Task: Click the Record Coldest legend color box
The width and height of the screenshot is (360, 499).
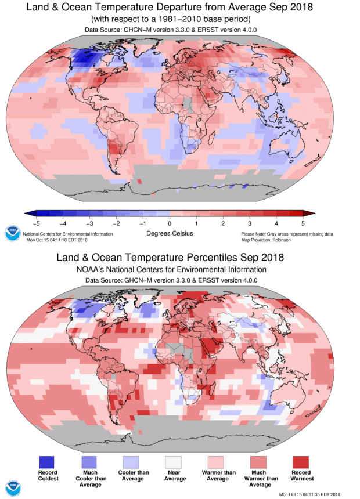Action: pos(47,461)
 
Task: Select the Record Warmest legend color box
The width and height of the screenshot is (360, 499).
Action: pos(301,461)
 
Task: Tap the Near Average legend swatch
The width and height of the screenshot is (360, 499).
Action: pos(174,461)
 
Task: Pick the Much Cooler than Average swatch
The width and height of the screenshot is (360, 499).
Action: pos(89,461)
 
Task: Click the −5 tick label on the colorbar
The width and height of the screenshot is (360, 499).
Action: pos(35,223)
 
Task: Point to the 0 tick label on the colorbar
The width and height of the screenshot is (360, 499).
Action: pos(170,223)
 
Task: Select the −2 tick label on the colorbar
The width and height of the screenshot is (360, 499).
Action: pos(116,223)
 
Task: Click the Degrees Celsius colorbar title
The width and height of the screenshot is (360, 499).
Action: pos(168,233)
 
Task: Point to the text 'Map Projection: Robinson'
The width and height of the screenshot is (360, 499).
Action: pos(271,239)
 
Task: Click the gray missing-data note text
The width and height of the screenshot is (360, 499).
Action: pos(287,233)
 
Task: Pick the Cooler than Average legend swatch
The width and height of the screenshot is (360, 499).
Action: pos(132,461)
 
